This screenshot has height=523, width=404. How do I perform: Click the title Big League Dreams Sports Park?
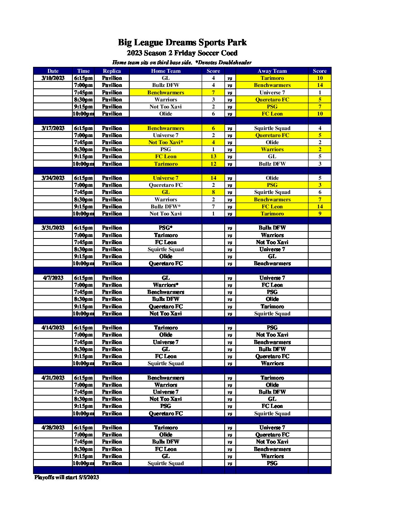[182, 42]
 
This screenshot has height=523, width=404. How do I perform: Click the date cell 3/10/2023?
[53, 78]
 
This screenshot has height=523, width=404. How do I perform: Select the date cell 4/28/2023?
[53, 428]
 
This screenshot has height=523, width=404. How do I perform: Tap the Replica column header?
[112, 71]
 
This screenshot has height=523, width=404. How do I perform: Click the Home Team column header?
[166, 71]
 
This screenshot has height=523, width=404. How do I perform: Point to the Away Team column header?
[272, 71]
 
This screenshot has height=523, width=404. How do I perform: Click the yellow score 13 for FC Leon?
[213, 156]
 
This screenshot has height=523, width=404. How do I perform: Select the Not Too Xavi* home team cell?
[166, 142]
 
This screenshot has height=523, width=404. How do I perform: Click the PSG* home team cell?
[166, 228]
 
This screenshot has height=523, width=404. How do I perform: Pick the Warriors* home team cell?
[166, 285]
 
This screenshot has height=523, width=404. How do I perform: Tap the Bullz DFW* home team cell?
[166, 207]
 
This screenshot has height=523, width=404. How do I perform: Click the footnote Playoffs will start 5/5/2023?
[66, 477]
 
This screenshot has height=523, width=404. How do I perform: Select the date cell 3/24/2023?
[53, 178]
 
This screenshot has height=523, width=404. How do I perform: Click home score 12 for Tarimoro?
[213, 164]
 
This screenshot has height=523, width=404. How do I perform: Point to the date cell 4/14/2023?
[53, 328]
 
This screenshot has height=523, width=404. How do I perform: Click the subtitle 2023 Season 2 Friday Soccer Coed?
[182, 53]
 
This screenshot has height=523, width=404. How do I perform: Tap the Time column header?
[83, 71]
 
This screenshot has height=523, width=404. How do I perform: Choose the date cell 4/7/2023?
[53, 278]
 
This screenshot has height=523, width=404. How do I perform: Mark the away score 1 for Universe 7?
[319, 92]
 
